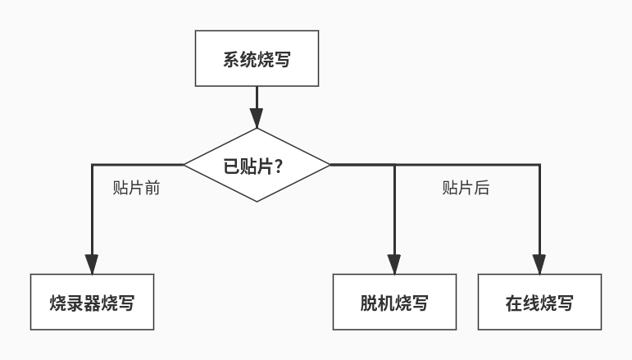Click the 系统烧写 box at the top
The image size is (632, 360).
pos(257,58)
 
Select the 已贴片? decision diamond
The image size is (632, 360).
pos(257,165)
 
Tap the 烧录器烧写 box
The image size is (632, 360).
pos(92,302)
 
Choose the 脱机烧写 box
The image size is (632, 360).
pos(394,302)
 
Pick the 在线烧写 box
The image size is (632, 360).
pos(539,302)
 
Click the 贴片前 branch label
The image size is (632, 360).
pos(136,188)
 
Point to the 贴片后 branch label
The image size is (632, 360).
pos(466,188)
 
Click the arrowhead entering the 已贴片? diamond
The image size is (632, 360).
pos(257,118)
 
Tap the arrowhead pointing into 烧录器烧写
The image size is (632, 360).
pos(92,264)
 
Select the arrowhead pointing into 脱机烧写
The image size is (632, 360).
pos(394,264)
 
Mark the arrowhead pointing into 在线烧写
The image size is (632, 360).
pos(539,264)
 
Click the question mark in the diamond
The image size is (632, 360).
pos(278,166)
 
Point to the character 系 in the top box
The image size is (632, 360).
pos(231,59)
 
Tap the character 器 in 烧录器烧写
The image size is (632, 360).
pos(92,303)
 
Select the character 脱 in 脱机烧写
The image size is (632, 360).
pos(369,303)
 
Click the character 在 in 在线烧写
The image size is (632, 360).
pos(514,303)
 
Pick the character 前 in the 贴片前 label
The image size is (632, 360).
pos(152,188)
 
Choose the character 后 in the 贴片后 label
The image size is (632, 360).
pos(482,188)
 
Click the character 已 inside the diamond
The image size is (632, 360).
pos(231,166)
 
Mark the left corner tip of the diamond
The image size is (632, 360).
pos(184,165)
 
